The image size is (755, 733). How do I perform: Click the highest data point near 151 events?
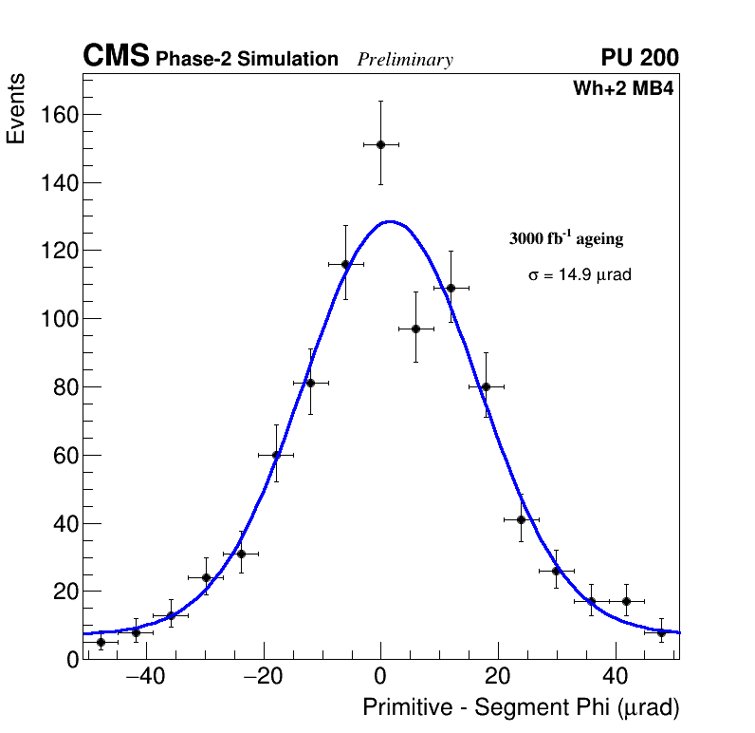[x=380, y=144]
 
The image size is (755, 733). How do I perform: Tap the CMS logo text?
[x=116, y=57]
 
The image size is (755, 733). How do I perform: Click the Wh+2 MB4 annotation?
[x=623, y=89]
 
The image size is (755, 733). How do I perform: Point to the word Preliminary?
[x=405, y=60]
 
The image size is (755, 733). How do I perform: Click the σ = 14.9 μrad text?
[x=580, y=274]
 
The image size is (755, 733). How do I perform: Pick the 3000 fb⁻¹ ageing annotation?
[x=566, y=238]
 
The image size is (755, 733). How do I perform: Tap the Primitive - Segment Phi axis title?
[x=521, y=707]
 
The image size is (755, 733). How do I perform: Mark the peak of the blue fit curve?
[x=390, y=221]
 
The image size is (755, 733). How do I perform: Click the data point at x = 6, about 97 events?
[x=415, y=329]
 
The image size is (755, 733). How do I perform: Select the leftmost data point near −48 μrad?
[x=101, y=642]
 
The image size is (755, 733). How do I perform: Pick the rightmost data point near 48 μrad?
[x=661, y=631]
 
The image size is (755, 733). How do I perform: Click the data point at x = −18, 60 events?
[x=276, y=455]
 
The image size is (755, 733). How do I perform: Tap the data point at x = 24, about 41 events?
[x=521, y=519]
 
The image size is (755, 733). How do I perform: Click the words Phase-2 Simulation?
[x=247, y=59]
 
